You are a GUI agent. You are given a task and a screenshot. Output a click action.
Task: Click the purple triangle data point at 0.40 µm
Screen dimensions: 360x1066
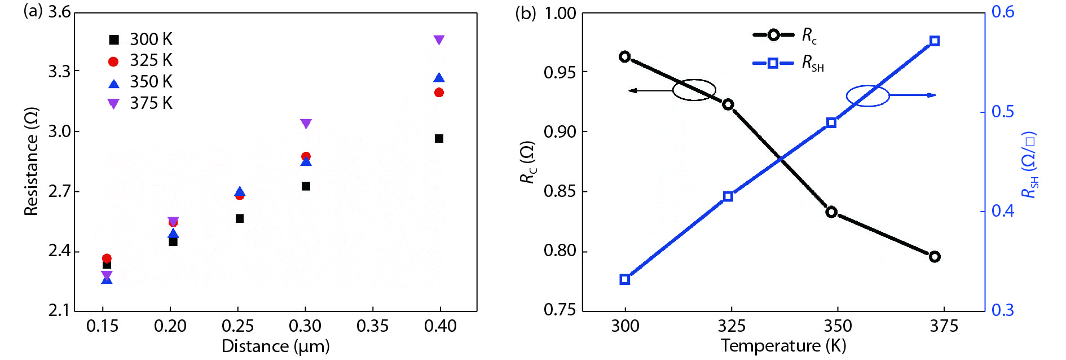pyautogui.click(x=439, y=39)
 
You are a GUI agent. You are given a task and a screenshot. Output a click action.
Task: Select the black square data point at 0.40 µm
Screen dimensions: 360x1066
pyautogui.click(x=439, y=138)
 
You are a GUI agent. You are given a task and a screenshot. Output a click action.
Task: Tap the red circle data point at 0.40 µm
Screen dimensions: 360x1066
pyautogui.click(x=439, y=93)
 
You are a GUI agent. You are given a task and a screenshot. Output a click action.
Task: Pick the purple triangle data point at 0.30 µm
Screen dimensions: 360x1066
pyautogui.click(x=306, y=124)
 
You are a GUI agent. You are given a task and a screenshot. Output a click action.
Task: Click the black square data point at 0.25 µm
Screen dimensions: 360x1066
pyautogui.click(x=240, y=218)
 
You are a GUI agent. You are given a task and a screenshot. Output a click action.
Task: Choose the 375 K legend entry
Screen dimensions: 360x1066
pyautogui.click(x=141, y=103)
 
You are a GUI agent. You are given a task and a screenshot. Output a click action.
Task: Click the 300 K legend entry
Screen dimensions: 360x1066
pyautogui.click(x=141, y=39)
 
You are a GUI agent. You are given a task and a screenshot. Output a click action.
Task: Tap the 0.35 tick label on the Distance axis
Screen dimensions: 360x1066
pyautogui.click(x=372, y=326)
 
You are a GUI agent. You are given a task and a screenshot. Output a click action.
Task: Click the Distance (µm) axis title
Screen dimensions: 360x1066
pyautogui.click(x=275, y=346)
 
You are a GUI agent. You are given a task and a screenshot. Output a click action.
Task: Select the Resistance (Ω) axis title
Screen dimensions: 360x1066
pyautogui.click(x=32, y=161)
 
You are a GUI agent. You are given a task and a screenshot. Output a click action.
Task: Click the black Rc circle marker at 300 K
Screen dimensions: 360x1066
pyautogui.click(x=624, y=56)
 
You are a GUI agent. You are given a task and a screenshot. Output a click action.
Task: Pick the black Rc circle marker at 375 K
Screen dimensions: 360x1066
pyautogui.click(x=935, y=257)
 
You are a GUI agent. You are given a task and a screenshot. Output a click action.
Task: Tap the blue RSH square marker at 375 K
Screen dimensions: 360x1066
pyautogui.click(x=935, y=41)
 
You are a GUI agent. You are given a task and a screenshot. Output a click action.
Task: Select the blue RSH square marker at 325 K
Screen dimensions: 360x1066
pyautogui.click(x=728, y=196)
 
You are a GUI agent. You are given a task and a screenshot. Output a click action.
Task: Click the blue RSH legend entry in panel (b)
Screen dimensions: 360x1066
pyautogui.click(x=790, y=63)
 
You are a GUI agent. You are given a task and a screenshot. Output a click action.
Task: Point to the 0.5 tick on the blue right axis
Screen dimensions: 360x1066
pyautogui.click(x=1003, y=112)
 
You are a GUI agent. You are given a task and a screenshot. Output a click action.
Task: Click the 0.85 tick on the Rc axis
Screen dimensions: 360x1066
pyautogui.click(x=560, y=191)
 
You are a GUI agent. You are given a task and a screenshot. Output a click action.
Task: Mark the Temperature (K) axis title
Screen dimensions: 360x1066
pyautogui.click(x=783, y=345)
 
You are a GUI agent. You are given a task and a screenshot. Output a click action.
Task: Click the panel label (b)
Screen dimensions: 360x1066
pyautogui.click(x=525, y=13)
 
